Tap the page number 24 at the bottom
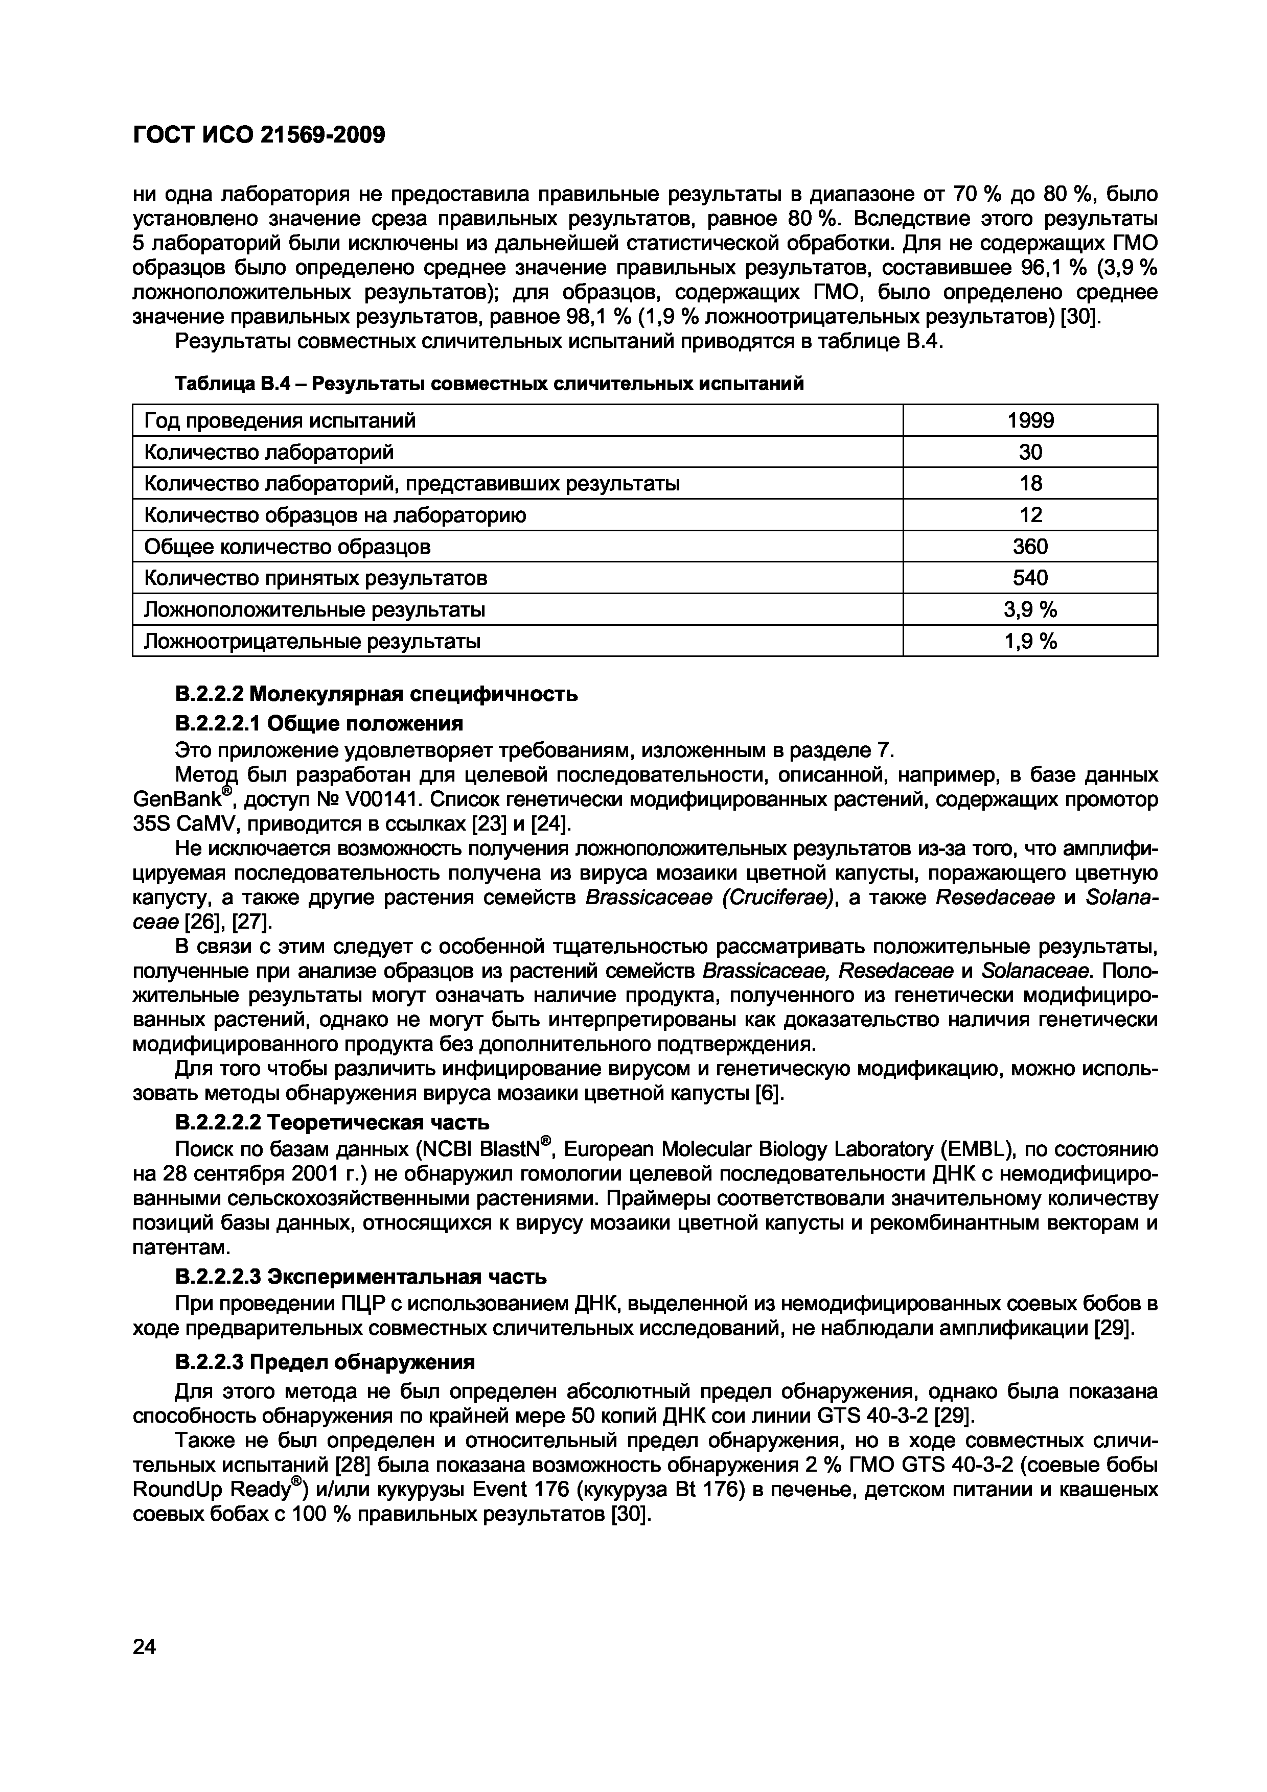145,1647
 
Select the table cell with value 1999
1030,421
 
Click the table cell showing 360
1030,547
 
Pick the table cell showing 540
1030,578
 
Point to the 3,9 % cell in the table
1030,609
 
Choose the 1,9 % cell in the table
1030,642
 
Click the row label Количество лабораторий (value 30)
269,452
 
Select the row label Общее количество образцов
287,547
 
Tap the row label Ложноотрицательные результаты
312,642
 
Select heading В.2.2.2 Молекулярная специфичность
376,694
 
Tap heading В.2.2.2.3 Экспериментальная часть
361,1277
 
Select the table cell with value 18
1030,483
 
